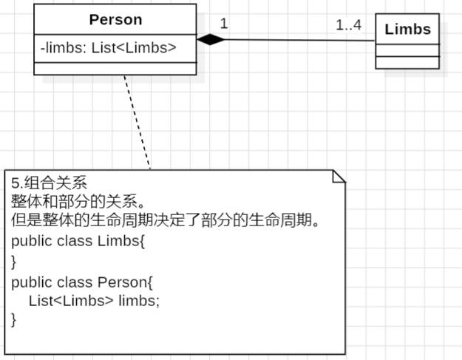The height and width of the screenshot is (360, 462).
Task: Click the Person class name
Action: click(115, 19)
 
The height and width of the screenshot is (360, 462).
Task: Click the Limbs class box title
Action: click(407, 30)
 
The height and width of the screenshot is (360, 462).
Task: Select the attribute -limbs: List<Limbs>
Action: click(108, 49)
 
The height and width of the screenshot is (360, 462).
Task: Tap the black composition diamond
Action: click(209, 40)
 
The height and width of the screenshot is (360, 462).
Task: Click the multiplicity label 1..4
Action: click(348, 25)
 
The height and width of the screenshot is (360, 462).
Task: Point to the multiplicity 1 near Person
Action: click(223, 24)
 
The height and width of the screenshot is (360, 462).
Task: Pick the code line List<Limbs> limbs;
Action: click(94, 301)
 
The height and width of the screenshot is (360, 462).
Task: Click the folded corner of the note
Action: click(339, 176)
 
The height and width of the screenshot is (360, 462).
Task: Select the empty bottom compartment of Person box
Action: click(115, 69)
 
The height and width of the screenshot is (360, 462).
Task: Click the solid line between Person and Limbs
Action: click(296, 40)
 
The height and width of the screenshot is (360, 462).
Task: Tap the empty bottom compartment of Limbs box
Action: click(407, 63)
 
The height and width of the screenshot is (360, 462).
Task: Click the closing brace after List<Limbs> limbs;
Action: click(14, 320)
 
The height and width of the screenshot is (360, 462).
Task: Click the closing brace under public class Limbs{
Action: click(14, 261)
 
